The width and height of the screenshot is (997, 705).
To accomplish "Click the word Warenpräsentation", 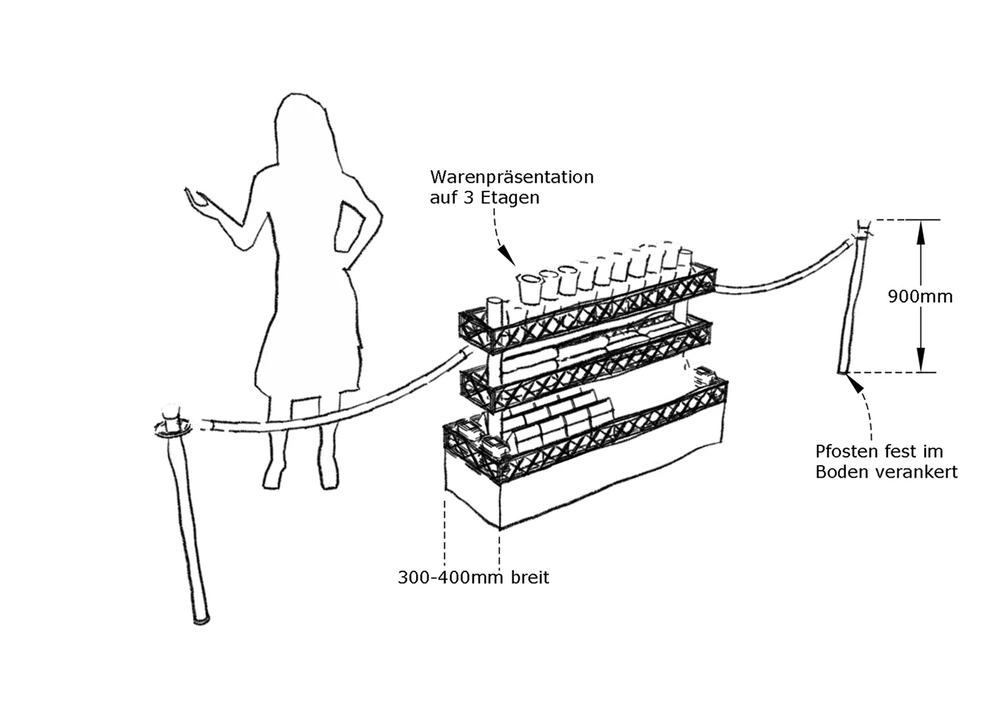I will [x=511, y=177].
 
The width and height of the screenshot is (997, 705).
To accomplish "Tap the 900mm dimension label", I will [x=920, y=297].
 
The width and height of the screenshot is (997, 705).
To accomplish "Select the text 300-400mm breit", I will [x=473, y=578].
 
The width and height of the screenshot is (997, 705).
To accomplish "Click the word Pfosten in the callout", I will [x=844, y=452].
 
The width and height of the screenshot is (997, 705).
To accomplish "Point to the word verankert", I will [x=917, y=472].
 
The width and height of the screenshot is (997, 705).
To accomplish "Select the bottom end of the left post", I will [x=202, y=620].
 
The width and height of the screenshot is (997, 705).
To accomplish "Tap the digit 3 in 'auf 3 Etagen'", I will [x=468, y=198].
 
